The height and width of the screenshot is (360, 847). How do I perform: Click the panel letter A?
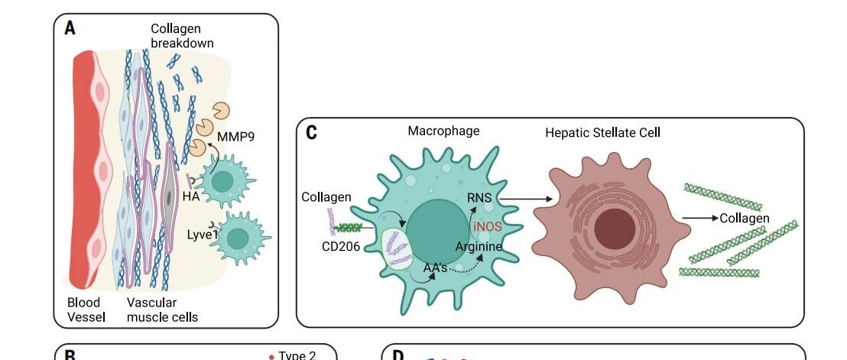70,28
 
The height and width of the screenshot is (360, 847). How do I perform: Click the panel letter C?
311,133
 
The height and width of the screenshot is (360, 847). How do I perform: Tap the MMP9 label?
235,137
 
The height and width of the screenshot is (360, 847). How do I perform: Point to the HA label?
191,196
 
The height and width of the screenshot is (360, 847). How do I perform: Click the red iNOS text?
488,227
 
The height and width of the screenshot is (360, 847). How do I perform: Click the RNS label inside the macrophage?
479,198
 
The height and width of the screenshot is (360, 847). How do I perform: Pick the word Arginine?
479,247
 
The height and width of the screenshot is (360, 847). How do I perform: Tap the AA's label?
435,268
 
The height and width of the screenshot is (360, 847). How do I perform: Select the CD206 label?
341,247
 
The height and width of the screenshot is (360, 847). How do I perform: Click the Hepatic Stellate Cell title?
602,133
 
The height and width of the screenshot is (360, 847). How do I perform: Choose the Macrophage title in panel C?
443,131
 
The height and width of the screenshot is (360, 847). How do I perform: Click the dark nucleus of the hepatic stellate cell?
615,229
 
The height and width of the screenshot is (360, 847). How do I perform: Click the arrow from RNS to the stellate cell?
526,199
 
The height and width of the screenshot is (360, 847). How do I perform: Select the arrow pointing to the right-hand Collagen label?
700,218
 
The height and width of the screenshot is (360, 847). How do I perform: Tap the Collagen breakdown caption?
182,36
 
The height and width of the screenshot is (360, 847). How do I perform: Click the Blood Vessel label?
86,310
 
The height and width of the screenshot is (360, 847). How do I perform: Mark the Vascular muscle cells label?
162,310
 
